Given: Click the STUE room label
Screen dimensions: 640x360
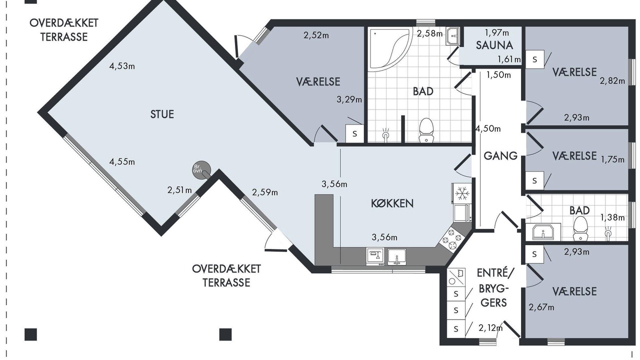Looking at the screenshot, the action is pos(162,114).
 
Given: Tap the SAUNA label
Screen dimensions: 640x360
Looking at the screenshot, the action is pos(494,45).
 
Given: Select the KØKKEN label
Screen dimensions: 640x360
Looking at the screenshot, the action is pos(392,203).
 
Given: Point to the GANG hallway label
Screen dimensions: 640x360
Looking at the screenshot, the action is pos(500,155).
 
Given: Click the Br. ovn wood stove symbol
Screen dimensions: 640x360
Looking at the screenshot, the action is pos(201,170).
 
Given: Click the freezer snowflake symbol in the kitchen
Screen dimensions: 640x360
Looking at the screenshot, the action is pos(462,193).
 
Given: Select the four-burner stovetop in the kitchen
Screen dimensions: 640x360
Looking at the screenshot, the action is pos(452,238).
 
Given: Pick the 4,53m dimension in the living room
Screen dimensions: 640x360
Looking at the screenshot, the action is pos(122,66).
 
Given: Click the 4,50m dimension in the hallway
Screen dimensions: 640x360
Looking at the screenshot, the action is pos(488,129).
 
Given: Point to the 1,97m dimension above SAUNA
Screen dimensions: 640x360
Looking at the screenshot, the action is pos(497,33).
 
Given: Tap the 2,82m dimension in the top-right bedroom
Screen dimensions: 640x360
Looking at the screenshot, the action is pos(612,81).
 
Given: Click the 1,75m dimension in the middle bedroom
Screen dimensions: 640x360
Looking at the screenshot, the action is pos(612,159).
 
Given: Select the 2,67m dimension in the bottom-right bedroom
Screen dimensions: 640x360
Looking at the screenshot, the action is pos(541,307).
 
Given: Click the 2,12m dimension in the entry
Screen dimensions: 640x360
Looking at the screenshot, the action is pos(490,328).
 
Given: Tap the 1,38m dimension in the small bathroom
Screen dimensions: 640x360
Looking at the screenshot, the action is pos(612,217).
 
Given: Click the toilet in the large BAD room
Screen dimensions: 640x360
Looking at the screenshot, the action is pos(426,130).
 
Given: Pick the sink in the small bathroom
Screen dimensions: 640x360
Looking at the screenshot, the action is pos(543,231).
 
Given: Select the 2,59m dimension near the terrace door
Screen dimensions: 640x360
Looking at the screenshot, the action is pos(265,192).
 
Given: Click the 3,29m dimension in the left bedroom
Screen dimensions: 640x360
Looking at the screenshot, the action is pos(349,99).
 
